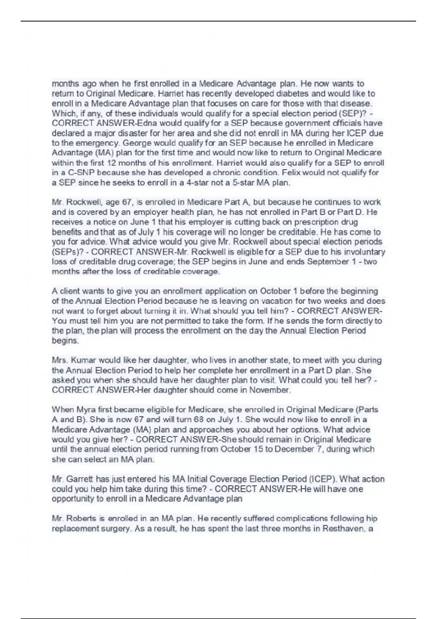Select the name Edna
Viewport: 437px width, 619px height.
coord(150,123)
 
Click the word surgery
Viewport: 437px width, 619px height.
coord(115,528)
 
